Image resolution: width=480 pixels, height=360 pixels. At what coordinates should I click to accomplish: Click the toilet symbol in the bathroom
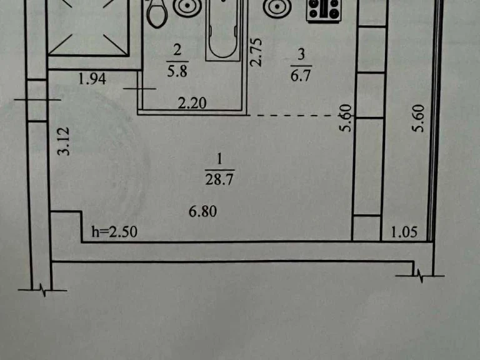(x=157, y=14)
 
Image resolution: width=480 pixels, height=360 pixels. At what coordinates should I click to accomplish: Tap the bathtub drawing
(x=222, y=30)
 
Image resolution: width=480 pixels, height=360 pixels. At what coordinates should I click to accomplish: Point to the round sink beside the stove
(x=277, y=7)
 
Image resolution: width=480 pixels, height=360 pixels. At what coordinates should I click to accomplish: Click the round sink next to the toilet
(x=187, y=7)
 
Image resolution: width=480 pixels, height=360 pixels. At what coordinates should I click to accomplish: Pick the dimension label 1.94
(x=92, y=79)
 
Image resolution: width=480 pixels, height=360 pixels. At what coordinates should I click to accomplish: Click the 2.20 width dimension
(x=192, y=103)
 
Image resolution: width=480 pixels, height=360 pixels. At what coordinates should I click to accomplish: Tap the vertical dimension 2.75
(x=256, y=52)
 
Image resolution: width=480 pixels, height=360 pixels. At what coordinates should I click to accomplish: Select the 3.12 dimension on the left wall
(x=64, y=141)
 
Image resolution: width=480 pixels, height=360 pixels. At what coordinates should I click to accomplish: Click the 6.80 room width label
(x=202, y=211)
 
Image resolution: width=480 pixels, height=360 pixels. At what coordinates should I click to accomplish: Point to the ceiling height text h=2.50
(x=114, y=232)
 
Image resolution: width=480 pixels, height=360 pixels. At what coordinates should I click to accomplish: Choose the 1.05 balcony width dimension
(x=404, y=232)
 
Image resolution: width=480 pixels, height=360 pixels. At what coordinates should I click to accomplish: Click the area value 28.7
(x=219, y=179)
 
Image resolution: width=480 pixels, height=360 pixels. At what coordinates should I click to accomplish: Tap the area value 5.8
(x=177, y=71)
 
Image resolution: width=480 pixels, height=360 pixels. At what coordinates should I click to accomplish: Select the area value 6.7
(x=301, y=75)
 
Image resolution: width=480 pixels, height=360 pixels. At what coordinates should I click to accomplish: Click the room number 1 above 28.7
(x=219, y=160)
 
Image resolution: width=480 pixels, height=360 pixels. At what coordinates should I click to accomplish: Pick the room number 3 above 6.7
(x=301, y=55)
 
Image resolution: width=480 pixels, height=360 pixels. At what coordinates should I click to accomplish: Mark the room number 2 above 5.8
(x=177, y=50)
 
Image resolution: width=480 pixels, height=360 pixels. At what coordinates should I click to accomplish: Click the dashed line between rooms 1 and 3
(x=294, y=116)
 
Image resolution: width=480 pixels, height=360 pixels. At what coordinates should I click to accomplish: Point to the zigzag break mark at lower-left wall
(x=43, y=289)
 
